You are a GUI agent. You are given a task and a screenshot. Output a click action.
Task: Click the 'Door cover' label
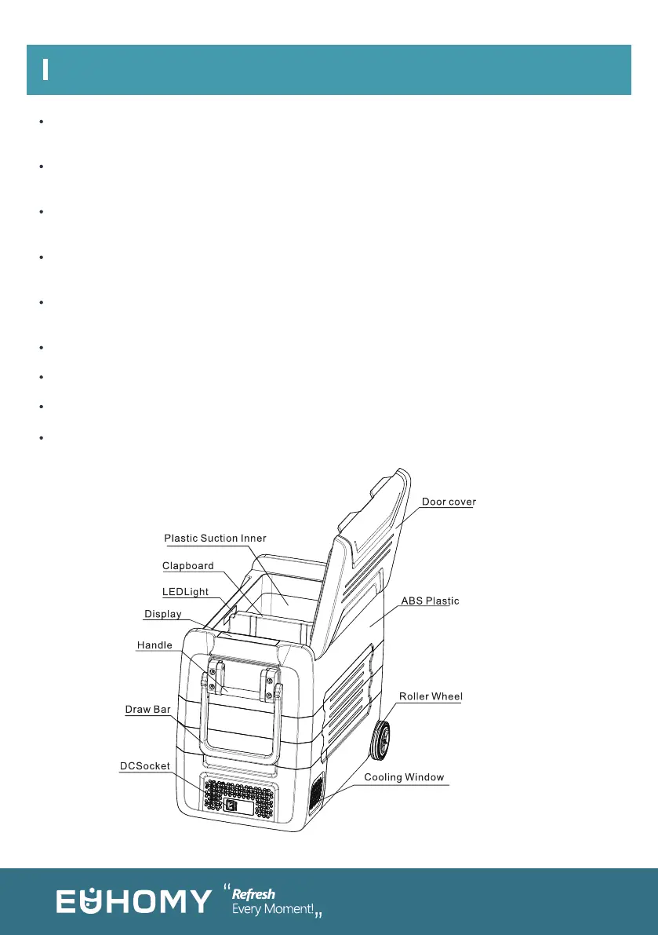[449, 502]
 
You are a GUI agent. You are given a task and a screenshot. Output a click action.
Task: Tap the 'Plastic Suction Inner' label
[215, 539]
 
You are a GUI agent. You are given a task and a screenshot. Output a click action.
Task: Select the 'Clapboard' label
[188, 566]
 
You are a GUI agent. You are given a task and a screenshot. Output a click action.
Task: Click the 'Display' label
[163, 614]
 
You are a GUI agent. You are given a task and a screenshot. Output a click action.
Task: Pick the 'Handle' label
[155, 645]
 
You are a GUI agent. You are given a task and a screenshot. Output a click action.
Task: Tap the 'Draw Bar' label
[148, 710]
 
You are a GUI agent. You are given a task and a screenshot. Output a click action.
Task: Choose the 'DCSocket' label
[145, 766]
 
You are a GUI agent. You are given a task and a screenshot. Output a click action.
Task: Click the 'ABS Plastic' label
[430, 601]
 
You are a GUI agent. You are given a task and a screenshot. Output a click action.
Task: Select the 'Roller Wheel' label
[431, 696]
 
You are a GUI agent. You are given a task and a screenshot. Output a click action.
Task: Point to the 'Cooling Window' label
[404, 777]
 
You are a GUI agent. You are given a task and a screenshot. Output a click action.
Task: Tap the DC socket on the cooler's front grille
[230, 805]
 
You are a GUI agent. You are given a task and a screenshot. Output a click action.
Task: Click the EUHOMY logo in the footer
[133, 901]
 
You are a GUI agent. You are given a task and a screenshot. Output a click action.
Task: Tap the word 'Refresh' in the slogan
[253, 894]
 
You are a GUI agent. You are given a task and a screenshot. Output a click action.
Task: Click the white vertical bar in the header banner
[46, 70]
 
